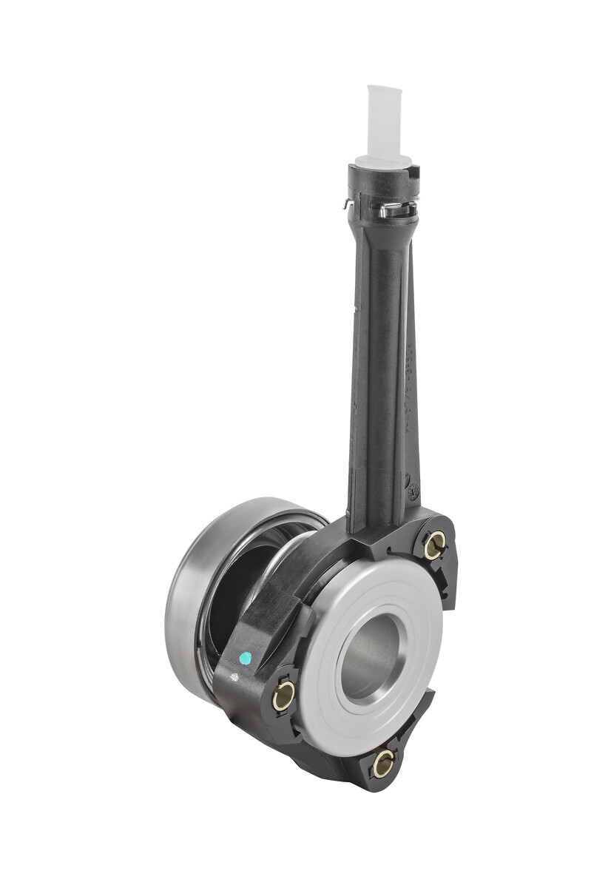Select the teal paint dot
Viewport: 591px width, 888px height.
pos(246,657)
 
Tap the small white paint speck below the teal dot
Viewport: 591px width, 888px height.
pos(236,675)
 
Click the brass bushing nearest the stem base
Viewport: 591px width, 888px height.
pos(434,546)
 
